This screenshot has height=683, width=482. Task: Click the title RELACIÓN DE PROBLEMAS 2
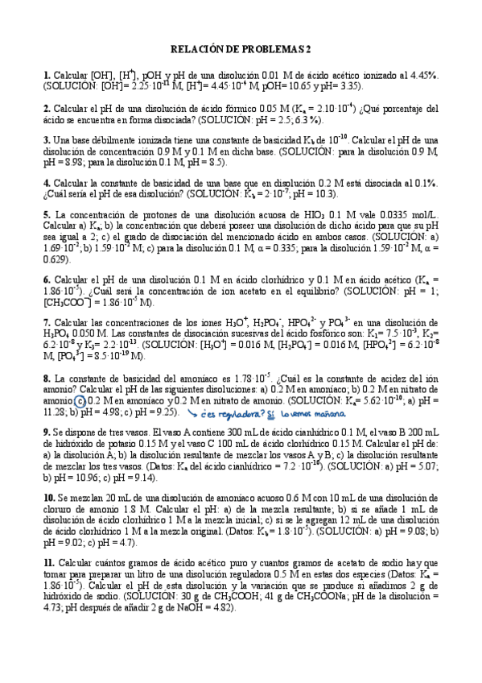click(241, 49)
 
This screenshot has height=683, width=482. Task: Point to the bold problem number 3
click(47, 140)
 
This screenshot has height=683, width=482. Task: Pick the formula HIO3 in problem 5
click(303, 216)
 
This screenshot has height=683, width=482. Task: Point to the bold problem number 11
click(48, 562)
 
